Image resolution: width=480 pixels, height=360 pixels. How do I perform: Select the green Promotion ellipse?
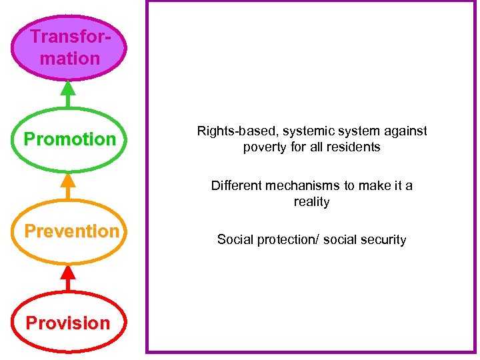coord(69,139)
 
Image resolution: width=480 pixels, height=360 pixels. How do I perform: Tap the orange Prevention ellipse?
coord(69,231)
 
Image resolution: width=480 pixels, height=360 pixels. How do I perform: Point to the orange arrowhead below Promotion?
coord(67,181)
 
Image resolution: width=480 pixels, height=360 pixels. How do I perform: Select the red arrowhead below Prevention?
coord(67,273)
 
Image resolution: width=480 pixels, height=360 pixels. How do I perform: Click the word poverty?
coord(265,147)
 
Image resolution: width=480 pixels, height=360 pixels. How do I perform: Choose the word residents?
coord(354,147)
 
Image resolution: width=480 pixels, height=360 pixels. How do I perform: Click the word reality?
coord(312,201)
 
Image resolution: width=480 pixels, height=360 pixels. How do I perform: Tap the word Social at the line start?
coord(233,240)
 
